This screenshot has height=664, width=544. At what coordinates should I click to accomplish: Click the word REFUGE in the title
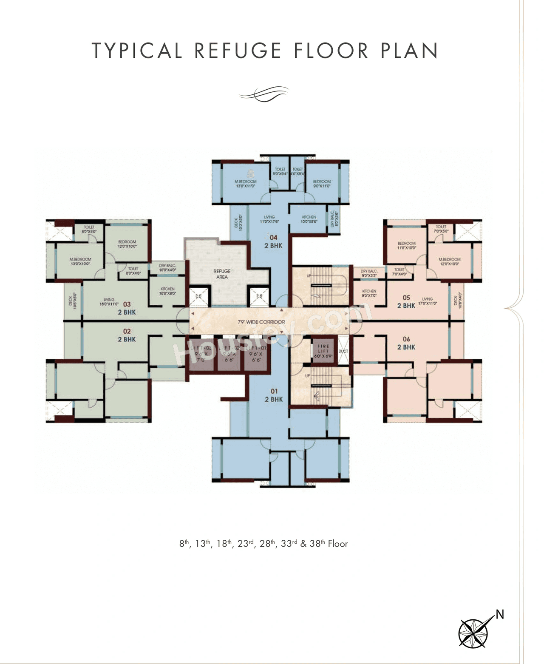pyautogui.click(x=238, y=51)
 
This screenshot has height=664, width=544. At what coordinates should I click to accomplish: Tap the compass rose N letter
pyautogui.click(x=500, y=614)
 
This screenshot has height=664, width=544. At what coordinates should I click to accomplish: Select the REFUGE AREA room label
pyautogui.click(x=222, y=274)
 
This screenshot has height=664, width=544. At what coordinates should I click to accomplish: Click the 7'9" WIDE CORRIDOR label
pyautogui.click(x=261, y=322)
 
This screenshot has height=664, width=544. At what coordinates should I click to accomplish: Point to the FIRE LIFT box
pyautogui.click(x=323, y=351)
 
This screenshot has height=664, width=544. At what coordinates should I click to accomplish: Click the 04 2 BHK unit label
pyautogui.click(x=273, y=242)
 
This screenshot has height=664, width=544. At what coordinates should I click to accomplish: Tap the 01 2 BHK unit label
pyautogui.click(x=274, y=395)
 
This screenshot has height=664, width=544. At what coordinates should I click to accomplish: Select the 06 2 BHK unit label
pyautogui.click(x=406, y=343)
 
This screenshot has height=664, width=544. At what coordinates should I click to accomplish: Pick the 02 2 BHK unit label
pyautogui.click(x=127, y=335)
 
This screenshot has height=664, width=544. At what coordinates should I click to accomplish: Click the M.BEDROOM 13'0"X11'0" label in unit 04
pyautogui.click(x=246, y=184)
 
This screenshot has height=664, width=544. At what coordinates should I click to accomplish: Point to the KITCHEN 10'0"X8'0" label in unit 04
pyautogui.click(x=309, y=219)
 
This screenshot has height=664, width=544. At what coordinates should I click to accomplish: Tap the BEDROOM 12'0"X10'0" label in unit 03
pyautogui.click(x=127, y=244)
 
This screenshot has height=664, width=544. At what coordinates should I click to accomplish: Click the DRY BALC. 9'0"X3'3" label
pyautogui.click(x=369, y=273)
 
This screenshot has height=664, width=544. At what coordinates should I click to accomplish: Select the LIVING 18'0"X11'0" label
pyautogui.click(x=109, y=301)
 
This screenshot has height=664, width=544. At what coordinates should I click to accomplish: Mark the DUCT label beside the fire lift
pyautogui.click(x=343, y=351)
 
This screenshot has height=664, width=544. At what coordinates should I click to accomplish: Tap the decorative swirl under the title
pyautogui.click(x=264, y=94)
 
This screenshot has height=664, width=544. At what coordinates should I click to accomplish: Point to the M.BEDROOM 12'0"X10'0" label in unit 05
pyautogui.click(x=449, y=261)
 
